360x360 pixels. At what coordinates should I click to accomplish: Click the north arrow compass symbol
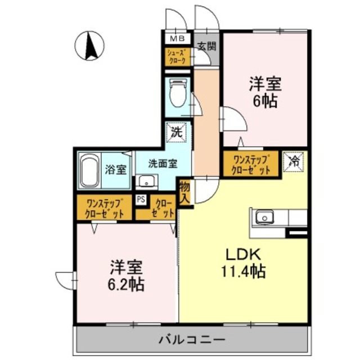pyautogui.click(x=91, y=44)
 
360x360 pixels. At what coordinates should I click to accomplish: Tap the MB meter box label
pyautogui.click(x=177, y=39)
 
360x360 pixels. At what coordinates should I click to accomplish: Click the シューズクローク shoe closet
pyautogui.click(x=177, y=57)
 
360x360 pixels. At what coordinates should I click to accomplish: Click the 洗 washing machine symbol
pyautogui.click(x=177, y=133)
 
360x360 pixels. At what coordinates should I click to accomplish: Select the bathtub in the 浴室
pyautogui.click(x=89, y=169)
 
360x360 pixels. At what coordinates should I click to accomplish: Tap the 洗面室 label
pyautogui.click(x=163, y=164)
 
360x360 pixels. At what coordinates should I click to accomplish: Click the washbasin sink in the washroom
pyautogui.click(x=147, y=181)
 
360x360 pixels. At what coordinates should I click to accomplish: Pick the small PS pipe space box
pyautogui.click(x=141, y=199)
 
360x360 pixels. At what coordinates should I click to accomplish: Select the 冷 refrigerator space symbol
pyautogui.click(x=294, y=160)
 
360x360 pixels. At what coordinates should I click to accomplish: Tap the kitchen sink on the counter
pyautogui.click(x=264, y=217)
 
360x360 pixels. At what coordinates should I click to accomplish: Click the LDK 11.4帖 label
pyautogui.click(x=243, y=263)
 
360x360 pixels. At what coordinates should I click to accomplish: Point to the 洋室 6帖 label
pyautogui.click(x=265, y=93)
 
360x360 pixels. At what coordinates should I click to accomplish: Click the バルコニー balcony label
pyautogui.click(x=192, y=340)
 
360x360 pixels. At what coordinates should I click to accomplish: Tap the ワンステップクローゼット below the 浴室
pyautogui.click(x=104, y=208)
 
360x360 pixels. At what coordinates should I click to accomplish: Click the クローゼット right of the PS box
pyautogui.click(x=161, y=208)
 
